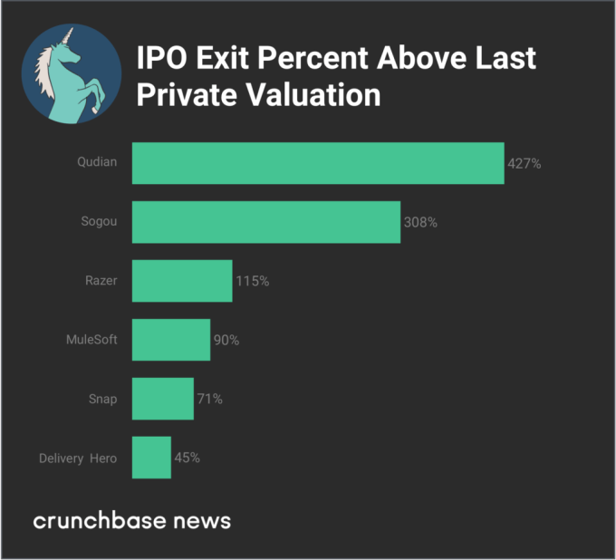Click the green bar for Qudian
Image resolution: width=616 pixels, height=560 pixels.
pos(317,163)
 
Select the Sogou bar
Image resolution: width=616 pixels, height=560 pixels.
pos(265,222)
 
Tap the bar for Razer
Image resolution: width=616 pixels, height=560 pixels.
pos(181,281)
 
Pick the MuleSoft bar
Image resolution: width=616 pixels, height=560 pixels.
pos(170,340)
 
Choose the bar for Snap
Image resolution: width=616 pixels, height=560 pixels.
pos(162,399)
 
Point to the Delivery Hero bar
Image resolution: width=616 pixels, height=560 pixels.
pos(150,458)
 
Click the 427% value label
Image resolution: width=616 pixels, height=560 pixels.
pos(524,163)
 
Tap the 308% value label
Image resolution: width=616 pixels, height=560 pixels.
pos(420,222)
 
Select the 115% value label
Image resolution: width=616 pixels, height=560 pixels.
pos(252,281)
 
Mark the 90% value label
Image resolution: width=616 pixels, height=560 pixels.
pos(226,340)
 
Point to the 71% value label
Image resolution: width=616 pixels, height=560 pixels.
pos(209,399)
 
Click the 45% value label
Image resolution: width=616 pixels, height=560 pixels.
pos(187,458)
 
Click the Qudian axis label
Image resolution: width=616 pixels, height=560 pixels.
pos(98,163)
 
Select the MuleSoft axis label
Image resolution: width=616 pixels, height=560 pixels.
pos(91,340)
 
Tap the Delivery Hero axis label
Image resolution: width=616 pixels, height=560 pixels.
pos(78,458)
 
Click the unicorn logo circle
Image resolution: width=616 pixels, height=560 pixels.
pos(71,74)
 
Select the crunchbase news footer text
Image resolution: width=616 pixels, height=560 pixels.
pos(132,521)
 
